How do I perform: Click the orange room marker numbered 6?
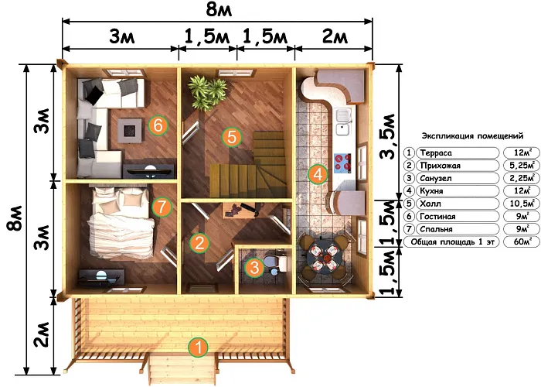point(158,125)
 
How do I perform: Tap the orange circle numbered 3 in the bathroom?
point(254,267)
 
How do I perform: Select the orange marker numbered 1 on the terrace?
point(199,348)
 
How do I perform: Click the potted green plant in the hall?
point(206,93)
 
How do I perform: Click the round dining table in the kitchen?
point(325,258)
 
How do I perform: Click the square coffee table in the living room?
point(130,131)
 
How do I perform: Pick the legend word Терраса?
point(436,152)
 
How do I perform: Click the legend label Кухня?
point(431,190)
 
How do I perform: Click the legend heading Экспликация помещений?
point(472,135)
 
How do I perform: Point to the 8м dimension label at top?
point(219,9)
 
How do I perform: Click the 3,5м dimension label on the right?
point(387,136)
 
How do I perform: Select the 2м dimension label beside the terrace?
point(42,335)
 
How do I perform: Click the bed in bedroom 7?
point(120,223)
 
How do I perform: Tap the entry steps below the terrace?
point(183,370)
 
